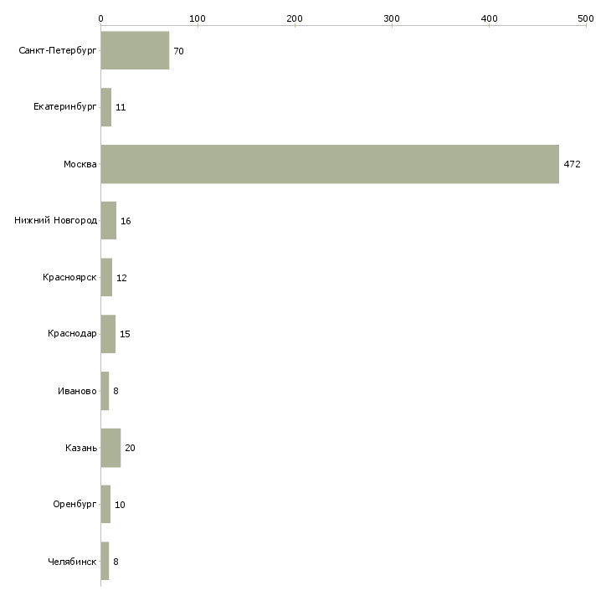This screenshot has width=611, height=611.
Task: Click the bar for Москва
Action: tap(330, 164)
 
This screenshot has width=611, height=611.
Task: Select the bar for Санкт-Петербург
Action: tap(135, 50)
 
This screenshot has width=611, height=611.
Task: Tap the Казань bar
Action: tap(110, 448)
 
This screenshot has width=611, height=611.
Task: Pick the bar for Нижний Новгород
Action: tap(108, 221)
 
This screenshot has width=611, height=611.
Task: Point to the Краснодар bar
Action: tap(108, 334)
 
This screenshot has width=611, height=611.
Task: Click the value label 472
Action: tap(572, 164)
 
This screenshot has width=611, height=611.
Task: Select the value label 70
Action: tap(178, 51)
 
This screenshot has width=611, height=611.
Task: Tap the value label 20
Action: tap(130, 448)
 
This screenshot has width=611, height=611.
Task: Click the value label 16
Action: tap(126, 221)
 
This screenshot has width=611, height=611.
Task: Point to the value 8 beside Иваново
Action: tap(116, 391)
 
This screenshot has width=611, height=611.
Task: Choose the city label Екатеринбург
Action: tap(65, 107)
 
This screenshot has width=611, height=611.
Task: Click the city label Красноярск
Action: tap(70, 278)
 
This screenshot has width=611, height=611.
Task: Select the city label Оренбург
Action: tap(73, 505)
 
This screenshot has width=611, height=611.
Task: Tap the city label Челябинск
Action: tap(72, 562)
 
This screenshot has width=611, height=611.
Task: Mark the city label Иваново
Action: tap(78, 391)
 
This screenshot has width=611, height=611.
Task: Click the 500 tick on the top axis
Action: tap(585, 17)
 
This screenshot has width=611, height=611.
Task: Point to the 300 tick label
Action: tap(392, 17)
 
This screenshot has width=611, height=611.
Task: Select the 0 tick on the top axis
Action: tap(100, 17)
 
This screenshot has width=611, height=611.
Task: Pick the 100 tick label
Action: tap(198, 17)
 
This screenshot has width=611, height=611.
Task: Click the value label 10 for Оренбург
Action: tap(120, 505)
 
